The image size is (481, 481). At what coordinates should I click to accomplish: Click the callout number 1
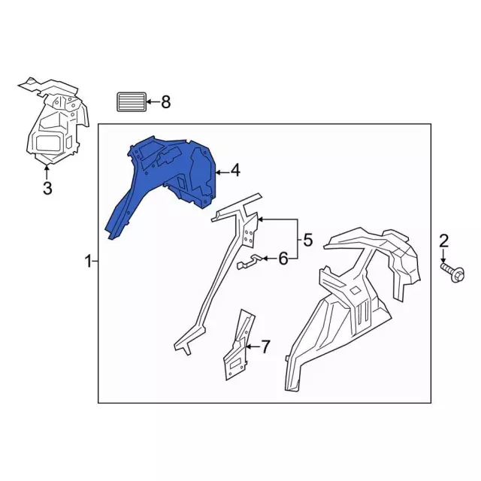click(x=89, y=262)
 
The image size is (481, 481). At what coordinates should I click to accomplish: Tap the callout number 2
click(x=443, y=240)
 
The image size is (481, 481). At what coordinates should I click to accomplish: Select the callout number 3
click(x=47, y=188)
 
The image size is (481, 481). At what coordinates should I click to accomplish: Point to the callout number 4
click(x=235, y=171)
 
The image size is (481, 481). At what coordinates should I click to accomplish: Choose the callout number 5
click(x=308, y=240)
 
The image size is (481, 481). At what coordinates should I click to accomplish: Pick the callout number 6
click(x=283, y=259)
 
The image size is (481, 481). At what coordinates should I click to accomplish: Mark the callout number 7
click(x=265, y=346)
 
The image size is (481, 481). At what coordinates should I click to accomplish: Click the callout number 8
click(x=166, y=102)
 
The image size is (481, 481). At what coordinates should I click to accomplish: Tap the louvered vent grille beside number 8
click(x=132, y=102)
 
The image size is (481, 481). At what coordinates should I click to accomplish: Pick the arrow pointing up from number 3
click(x=47, y=172)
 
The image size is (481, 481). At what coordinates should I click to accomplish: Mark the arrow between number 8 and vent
click(x=153, y=102)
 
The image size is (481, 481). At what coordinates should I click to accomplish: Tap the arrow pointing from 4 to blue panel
click(x=222, y=173)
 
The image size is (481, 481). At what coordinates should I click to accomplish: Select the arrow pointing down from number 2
click(x=443, y=256)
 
